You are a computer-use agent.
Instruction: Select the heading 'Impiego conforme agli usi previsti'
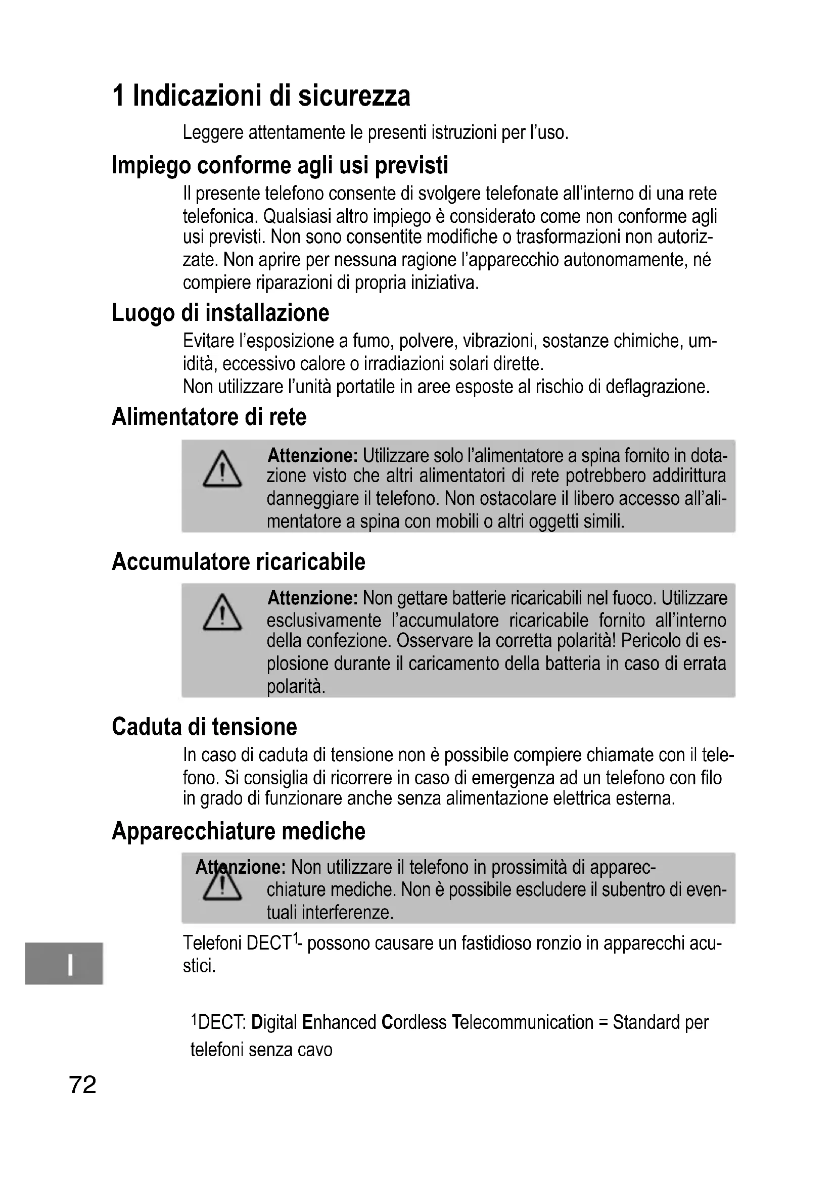click(x=280, y=165)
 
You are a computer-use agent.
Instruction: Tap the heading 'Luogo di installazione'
click(x=220, y=312)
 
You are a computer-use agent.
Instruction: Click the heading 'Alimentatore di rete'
click(x=209, y=416)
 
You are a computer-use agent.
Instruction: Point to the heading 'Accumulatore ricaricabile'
click(x=239, y=561)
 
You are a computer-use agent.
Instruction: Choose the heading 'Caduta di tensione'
click(x=204, y=726)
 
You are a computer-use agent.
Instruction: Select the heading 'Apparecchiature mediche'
click(x=239, y=831)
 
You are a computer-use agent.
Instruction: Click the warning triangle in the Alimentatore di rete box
click(x=222, y=469)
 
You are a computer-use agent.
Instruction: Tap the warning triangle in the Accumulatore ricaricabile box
click(x=222, y=612)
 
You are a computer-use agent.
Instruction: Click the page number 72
click(x=82, y=1084)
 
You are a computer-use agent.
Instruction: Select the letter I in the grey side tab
click(x=69, y=964)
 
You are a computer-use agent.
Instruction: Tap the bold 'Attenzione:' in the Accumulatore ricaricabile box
click(x=312, y=598)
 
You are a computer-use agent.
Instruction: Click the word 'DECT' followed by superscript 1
click(x=269, y=943)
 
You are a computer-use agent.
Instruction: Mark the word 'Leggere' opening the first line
click(x=213, y=133)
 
